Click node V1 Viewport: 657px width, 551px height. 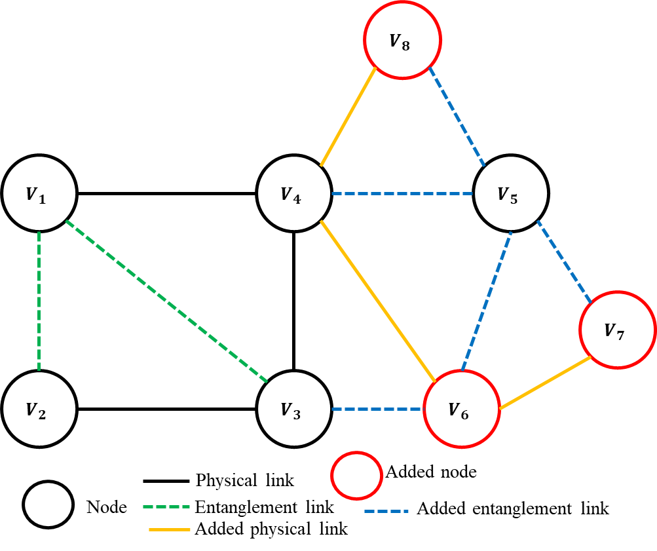39,193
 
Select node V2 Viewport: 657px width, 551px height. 39,409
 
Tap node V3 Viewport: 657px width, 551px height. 294,409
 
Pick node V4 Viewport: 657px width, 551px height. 294,193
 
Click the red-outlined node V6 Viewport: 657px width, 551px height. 462,409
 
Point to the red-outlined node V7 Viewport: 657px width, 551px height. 618,330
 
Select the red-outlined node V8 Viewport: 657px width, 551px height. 403,40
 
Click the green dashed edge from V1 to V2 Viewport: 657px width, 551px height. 39,301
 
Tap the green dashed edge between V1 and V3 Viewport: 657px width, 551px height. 167,302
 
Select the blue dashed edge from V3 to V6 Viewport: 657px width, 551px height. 377,409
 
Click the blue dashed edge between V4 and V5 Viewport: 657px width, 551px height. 402,193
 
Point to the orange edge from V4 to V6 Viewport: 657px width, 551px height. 378,301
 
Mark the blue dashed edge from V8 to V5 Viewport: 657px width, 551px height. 457,117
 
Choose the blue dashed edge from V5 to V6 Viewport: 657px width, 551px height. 487,301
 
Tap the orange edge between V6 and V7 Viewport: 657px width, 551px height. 545,384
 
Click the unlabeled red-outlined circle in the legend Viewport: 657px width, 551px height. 357,474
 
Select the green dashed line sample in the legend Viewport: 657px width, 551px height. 166,506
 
